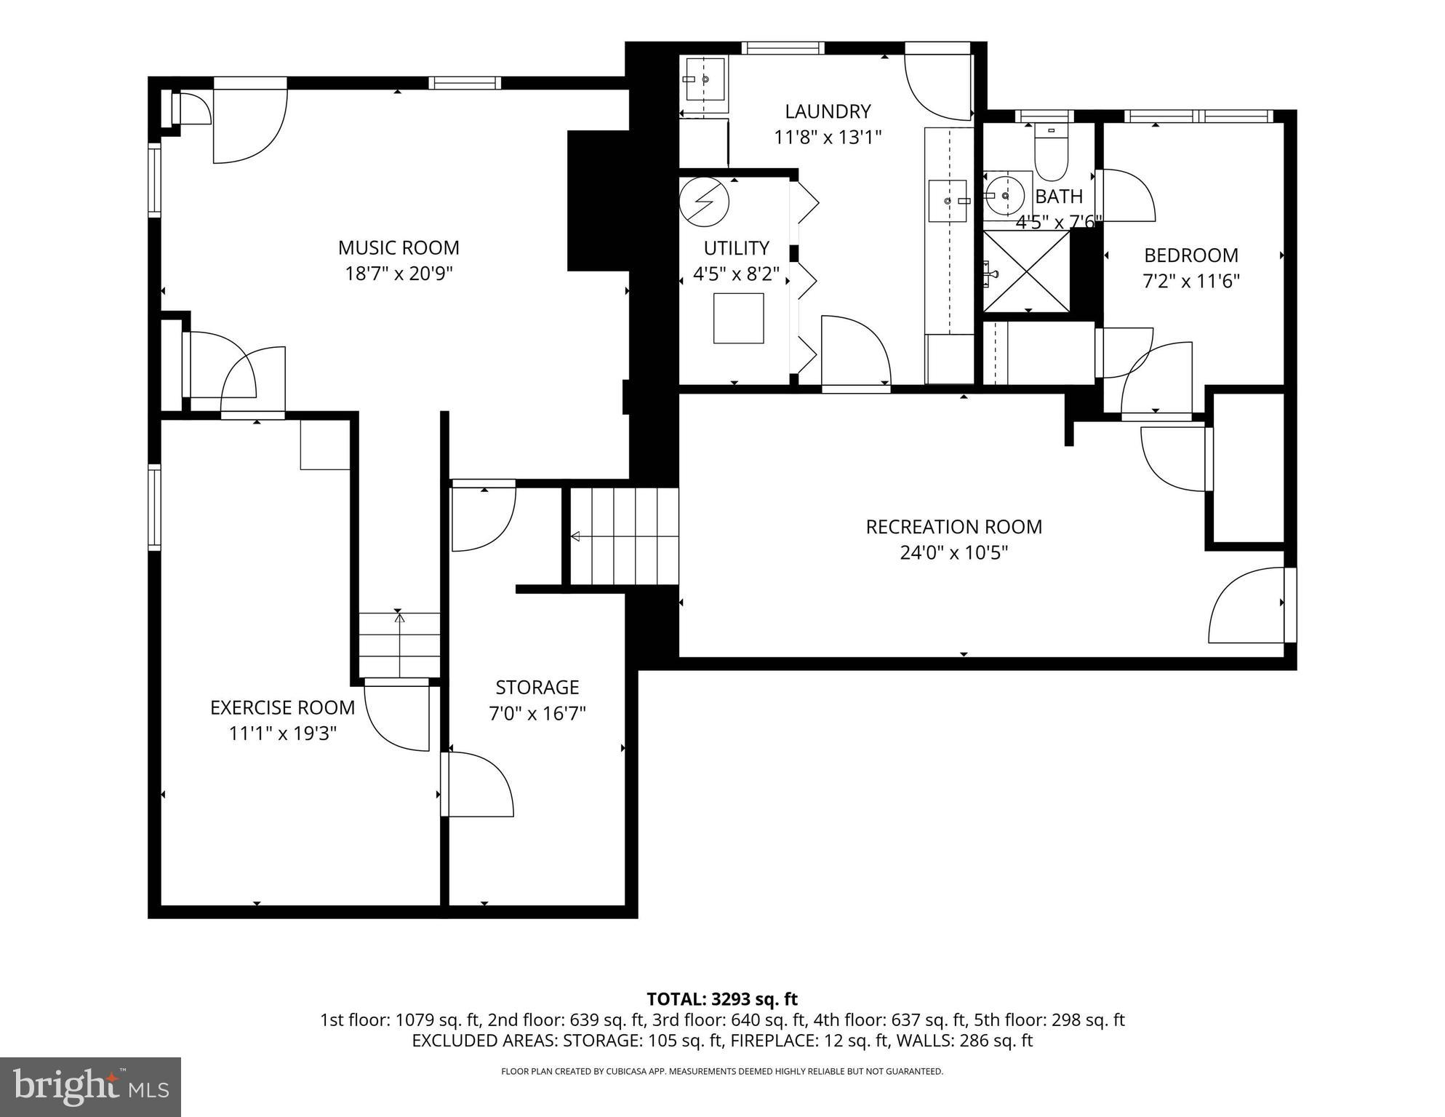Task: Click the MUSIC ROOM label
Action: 399,247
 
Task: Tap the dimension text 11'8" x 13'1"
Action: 828,137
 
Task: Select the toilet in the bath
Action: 1051,154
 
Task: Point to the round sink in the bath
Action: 1005,195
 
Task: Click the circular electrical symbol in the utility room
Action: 703,202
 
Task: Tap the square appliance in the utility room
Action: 738,318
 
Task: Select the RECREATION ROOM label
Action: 953,527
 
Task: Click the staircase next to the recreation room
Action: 624,536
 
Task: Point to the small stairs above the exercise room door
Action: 399,645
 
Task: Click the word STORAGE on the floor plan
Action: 537,688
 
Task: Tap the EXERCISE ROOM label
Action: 282,707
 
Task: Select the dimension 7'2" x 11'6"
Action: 1191,281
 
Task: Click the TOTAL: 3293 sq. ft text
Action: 722,999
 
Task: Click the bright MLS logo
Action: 90,1086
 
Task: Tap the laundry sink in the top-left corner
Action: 705,79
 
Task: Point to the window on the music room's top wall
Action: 465,83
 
